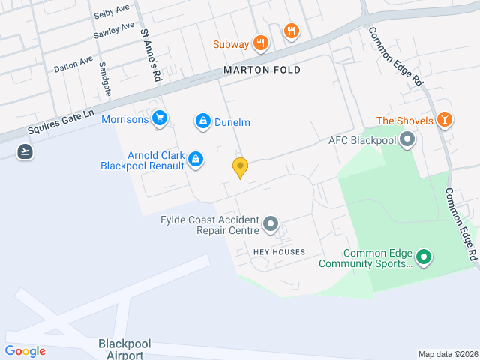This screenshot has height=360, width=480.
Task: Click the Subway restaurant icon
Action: (261, 43)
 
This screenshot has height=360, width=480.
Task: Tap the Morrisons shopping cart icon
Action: (158, 118)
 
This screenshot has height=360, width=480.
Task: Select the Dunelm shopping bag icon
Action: (202, 121)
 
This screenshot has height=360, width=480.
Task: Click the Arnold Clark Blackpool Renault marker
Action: (195, 159)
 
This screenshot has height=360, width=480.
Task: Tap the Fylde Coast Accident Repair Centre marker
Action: (271, 224)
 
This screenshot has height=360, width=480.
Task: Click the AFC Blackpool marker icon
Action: (407, 139)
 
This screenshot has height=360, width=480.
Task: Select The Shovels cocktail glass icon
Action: (444, 120)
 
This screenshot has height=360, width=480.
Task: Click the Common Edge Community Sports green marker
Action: (424, 258)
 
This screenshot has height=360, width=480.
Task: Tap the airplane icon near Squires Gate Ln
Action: (25, 151)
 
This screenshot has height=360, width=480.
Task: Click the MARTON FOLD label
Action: (262, 70)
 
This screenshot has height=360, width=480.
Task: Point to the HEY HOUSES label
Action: (279, 252)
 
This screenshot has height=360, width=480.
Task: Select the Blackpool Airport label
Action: (124, 349)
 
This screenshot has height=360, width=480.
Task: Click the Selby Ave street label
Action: (110, 14)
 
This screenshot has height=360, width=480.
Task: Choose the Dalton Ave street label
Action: (73, 64)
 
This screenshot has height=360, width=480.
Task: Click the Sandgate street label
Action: (105, 79)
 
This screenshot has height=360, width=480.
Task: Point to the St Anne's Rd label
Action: (151, 55)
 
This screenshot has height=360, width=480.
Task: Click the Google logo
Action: (25, 351)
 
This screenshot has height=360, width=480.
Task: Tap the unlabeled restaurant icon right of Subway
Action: (292, 31)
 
